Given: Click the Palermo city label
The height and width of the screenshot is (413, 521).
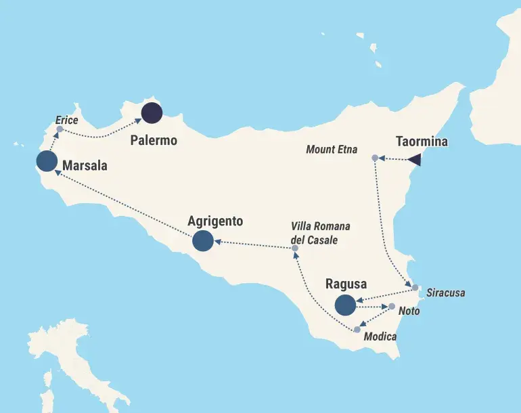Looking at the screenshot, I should tap(154, 141).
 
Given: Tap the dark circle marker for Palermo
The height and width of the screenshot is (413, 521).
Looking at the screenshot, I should tap(152, 113).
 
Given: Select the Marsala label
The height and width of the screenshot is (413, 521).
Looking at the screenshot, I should tap(85, 165).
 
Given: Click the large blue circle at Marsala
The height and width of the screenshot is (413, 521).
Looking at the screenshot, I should tap(46, 161).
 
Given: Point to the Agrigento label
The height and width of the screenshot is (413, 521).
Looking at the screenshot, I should tap(214, 221).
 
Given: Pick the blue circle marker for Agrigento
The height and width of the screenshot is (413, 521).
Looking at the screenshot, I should tap(202, 240).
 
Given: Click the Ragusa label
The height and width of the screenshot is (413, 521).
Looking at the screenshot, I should tap(346, 284).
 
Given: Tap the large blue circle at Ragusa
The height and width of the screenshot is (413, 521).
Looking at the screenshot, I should tap(345, 305).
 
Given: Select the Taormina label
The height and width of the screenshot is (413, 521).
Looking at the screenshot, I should tap(422, 142).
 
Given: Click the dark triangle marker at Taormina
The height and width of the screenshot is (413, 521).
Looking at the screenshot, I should tap(415, 160).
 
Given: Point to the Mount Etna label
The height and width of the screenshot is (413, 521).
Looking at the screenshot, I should tap(332, 150).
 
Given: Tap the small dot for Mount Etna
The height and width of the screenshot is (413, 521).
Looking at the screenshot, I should tap(375, 158).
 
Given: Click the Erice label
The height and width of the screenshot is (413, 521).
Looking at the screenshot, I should tap(67, 121).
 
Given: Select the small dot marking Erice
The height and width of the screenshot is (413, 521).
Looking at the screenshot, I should tap(60, 129).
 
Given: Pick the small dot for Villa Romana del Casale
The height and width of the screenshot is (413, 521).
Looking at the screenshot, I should tap(295, 248).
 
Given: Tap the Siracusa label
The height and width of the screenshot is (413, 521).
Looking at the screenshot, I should tap(446, 294).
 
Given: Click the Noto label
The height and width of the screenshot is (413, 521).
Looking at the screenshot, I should tap(409, 311).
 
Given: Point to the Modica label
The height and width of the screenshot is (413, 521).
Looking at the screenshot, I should tap(380, 336).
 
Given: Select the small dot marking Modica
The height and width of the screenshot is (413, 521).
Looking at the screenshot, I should tap(357, 330).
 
